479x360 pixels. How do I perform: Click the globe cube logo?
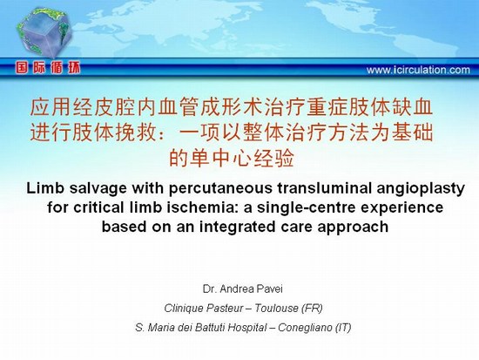point(44,32)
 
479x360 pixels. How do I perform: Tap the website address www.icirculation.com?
point(418,70)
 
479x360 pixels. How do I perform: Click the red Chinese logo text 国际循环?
point(48,68)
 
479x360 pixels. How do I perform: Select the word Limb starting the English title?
point(45,188)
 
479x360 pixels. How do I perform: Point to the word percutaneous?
point(220,189)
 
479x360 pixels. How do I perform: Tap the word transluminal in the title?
point(325,188)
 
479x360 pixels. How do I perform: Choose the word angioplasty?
point(421,189)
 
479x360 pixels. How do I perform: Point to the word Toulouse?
point(276,308)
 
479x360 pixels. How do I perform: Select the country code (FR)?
point(312,309)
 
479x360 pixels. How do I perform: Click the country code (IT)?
point(343,328)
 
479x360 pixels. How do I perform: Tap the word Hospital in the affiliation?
point(247,328)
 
